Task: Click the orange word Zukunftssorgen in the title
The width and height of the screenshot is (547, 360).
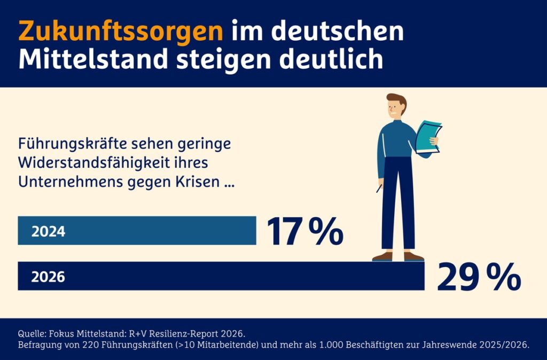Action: pyautogui.click(x=120, y=32)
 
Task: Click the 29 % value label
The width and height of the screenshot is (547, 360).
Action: pyautogui.click(x=479, y=277)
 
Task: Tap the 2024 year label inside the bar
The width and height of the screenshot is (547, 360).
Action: pyautogui.click(x=48, y=232)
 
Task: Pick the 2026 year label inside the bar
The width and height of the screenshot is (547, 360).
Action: pyautogui.click(x=48, y=277)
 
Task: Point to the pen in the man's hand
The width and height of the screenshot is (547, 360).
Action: pyautogui.click(x=380, y=188)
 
